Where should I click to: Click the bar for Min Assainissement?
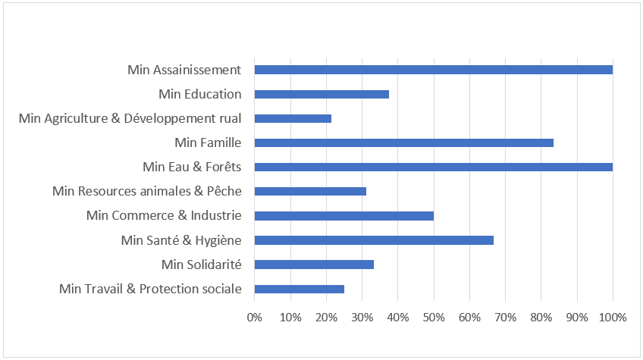coord(433,70)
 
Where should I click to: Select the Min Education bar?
coord(321,94)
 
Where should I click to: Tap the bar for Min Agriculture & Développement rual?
coord(293,118)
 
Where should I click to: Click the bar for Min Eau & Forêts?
coord(433,167)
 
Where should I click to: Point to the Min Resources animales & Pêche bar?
coord(310,191)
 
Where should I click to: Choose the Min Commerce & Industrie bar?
coord(343,215)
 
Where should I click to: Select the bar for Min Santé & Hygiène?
coord(374,240)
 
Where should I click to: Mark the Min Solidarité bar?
coord(314,265)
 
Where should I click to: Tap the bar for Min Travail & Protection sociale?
coord(299,289)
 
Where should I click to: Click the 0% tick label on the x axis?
coord(255,317)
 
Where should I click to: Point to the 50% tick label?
coord(434,317)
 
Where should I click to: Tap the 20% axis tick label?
coord(326,317)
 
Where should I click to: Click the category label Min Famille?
coord(208,142)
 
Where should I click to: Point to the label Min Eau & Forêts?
coord(192,167)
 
